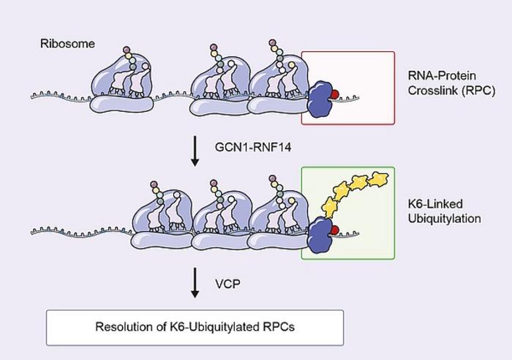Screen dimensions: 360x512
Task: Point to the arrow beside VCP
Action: click(195, 282)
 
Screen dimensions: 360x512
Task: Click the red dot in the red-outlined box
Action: click(334, 94)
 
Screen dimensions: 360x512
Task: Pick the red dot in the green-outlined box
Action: click(334, 231)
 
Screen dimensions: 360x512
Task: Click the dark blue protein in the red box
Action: click(320, 99)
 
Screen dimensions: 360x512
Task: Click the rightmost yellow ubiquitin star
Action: click(380, 178)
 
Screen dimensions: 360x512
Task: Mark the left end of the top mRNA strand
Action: click(33, 96)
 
